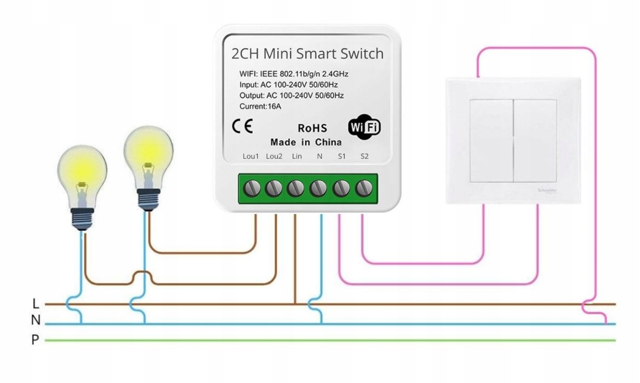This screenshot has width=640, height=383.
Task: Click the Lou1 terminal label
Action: pyautogui.click(x=251, y=156)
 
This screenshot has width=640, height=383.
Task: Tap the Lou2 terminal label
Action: pyautogui.click(x=274, y=156)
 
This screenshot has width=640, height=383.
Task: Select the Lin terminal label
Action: pyautogui.click(x=297, y=156)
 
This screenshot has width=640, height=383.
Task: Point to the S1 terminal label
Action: pyautogui.click(x=342, y=156)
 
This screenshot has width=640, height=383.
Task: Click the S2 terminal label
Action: pyautogui.click(x=365, y=156)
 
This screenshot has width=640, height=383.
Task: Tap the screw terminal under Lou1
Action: pyautogui.click(x=251, y=189)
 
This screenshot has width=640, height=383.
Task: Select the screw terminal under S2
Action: pyautogui.click(x=363, y=189)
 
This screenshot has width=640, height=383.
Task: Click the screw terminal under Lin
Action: pyautogui.click(x=296, y=189)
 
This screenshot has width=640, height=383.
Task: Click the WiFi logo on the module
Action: pyautogui.click(x=364, y=127)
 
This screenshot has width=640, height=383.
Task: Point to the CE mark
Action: pyautogui.click(x=242, y=127)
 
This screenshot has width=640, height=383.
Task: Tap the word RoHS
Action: pyautogui.click(x=312, y=129)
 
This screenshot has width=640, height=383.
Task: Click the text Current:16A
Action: pyautogui.click(x=260, y=106)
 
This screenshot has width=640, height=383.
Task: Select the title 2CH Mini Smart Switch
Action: pyautogui.click(x=307, y=54)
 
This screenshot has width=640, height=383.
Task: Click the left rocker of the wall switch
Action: pyautogui.click(x=491, y=141)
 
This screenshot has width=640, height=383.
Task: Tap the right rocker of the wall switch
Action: pyautogui.click(x=535, y=141)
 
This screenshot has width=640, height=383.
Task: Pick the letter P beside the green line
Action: pyautogui.click(x=36, y=340)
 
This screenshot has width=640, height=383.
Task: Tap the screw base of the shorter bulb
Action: pyautogui.click(x=82, y=219)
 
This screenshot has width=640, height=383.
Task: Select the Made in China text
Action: pyautogui.click(x=306, y=142)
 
